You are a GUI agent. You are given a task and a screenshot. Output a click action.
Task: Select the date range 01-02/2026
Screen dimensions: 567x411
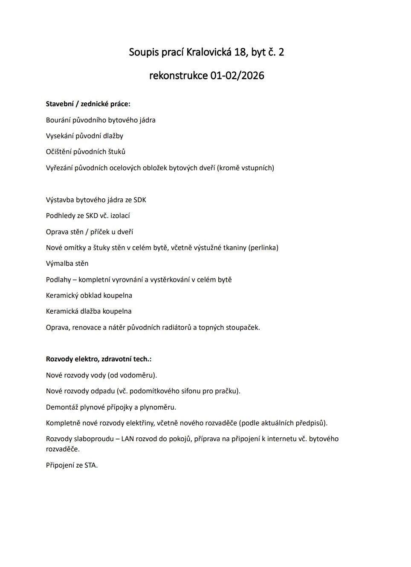tap(237, 76)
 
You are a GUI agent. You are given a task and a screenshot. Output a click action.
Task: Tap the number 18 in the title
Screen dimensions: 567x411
tap(240, 52)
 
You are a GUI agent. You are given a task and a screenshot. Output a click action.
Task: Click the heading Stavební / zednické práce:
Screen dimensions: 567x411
tap(88, 104)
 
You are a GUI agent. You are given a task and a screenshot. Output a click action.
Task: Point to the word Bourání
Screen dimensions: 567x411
tap(58, 120)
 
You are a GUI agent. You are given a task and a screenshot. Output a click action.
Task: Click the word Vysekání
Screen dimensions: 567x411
tap(60, 136)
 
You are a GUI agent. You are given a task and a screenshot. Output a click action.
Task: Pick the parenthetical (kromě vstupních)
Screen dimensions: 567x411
tap(246, 168)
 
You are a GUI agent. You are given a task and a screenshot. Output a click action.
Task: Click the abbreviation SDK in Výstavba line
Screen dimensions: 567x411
tap(140, 200)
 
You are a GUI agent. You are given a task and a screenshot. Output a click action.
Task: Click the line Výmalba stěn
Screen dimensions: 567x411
tap(67, 264)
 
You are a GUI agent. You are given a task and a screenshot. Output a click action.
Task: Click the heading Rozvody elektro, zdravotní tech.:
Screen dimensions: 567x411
tap(98, 359)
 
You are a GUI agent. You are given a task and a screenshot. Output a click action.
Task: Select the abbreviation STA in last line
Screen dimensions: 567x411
tap(90, 465)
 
